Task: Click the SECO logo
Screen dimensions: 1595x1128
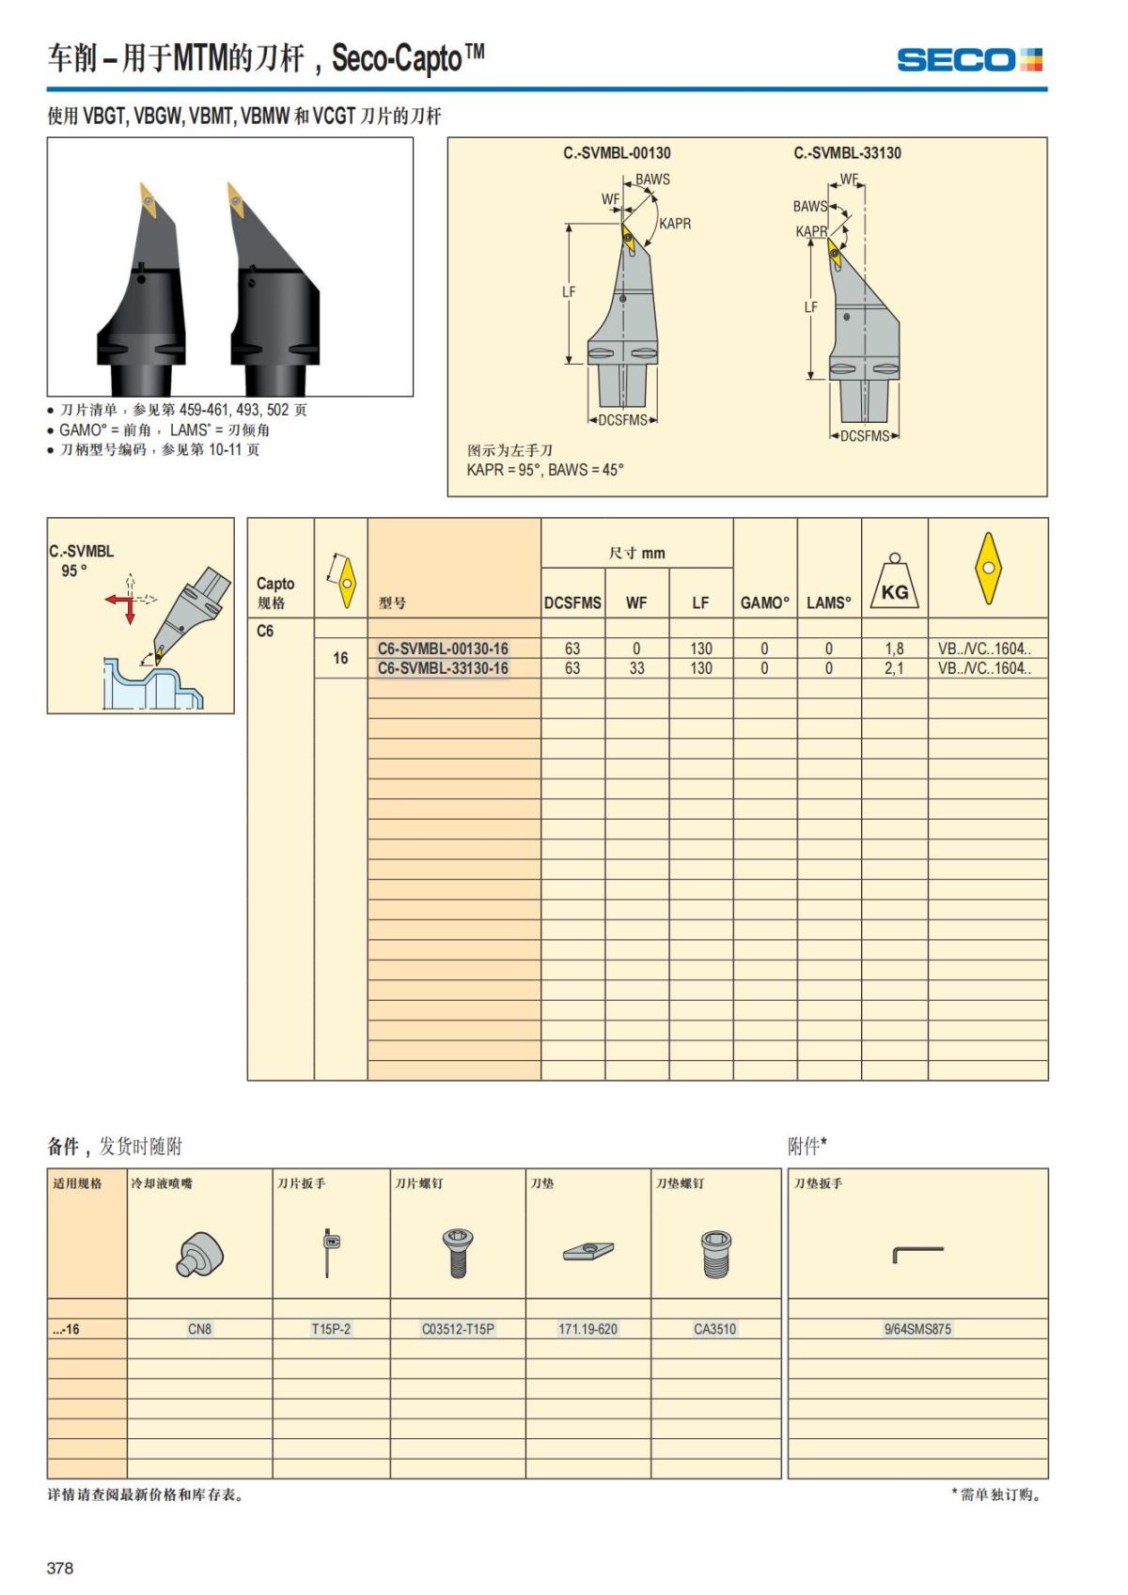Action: [x=969, y=60]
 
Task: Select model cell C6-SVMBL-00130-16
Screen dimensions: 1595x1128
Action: [x=443, y=649]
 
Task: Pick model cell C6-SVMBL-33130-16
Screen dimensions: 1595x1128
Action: [x=443, y=668]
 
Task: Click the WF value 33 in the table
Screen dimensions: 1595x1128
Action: [x=636, y=668]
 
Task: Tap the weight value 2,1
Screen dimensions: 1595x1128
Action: [x=894, y=668]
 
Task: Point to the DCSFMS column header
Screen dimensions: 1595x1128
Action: [x=572, y=602]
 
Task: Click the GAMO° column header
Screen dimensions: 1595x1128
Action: [x=764, y=602]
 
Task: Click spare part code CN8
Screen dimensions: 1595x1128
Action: [x=199, y=1329]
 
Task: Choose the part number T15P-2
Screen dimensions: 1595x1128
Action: [x=331, y=1329]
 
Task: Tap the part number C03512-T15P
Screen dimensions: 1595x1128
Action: [x=458, y=1329]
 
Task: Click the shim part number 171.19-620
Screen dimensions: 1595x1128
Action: [x=587, y=1329]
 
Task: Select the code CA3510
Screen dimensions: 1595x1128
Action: [x=715, y=1329]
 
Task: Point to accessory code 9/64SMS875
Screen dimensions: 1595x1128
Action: [x=917, y=1329]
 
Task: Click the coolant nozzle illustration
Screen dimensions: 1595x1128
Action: [x=199, y=1254]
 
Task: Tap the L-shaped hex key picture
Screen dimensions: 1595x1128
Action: [x=917, y=1253]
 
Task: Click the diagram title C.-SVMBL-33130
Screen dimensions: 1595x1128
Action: [x=847, y=153]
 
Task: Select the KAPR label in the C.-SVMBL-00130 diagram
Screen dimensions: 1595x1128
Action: [x=675, y=224]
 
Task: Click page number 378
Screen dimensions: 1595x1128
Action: [x=60, y=1568]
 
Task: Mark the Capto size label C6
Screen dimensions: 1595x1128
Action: [x=265, y=631]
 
